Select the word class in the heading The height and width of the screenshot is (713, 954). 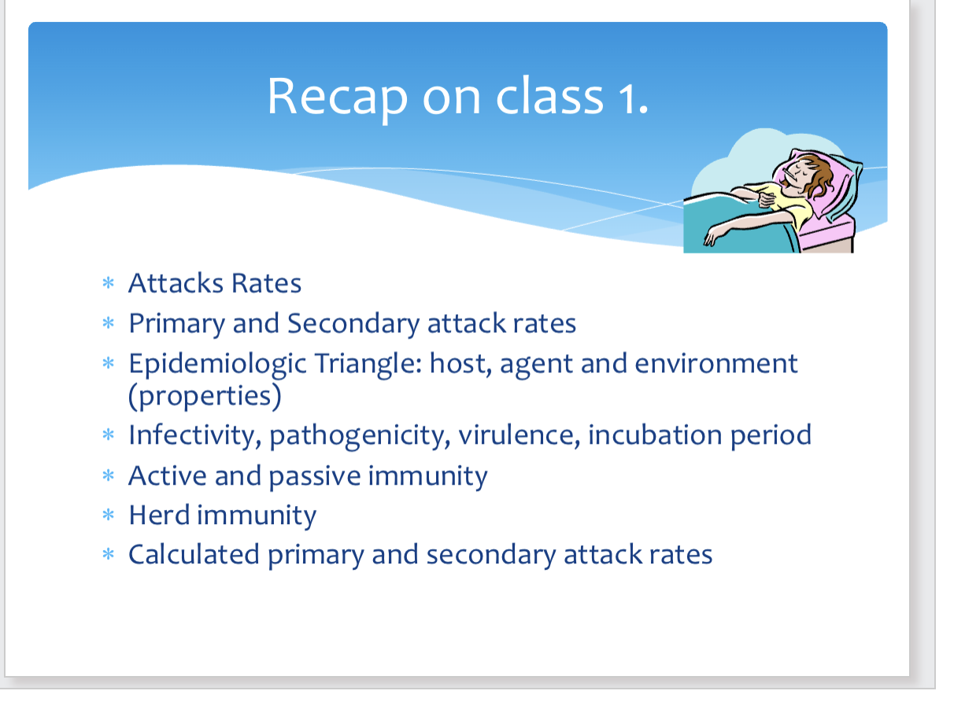pyautogui.click(x=549, y=96)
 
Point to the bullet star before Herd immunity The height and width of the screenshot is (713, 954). pyautogui.click(x=108, y=515)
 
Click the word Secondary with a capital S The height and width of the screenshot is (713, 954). pyautogui.click(x=353, y=323)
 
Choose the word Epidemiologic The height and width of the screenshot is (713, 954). pyautogui.click(x=217, y=364)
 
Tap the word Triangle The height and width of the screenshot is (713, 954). pyautogui.click(x=368, y=364)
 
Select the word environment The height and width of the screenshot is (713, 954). pyautogui.click(x=715, y=364)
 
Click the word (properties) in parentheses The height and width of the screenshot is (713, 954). pyautogui.click(x=205, y=397)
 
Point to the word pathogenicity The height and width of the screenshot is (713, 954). pyautogui.click(x=360, y=436)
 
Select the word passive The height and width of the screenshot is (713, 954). pyautogui.click(x=315, y=477)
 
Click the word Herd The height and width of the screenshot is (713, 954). pyautogui.click(x=159, y=515)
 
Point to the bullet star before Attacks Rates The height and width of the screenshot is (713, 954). pyautogui.click(x=108, y=283)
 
